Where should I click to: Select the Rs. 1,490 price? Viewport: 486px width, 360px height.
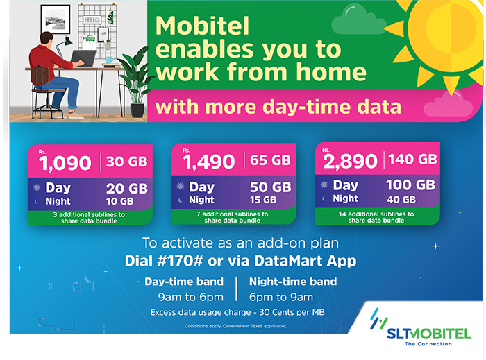209,162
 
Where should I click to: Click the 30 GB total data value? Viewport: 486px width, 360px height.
127,162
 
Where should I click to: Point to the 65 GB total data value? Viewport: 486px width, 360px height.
271,161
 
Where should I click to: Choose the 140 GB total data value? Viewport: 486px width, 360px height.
412,159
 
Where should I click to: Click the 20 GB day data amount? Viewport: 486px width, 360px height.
126,188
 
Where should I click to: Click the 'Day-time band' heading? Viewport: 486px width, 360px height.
183,282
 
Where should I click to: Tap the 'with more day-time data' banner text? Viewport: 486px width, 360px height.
278,107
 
